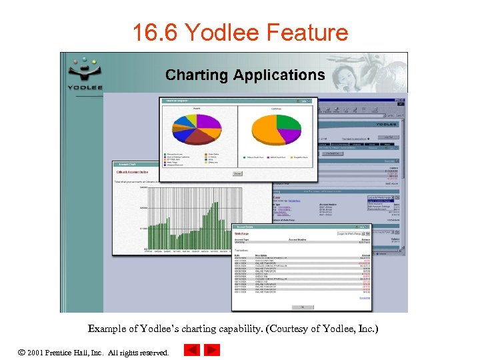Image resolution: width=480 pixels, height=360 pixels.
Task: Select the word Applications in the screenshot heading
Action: click(x=279, y=75)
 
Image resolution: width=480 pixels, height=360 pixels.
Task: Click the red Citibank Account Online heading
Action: click(x=133, y=172)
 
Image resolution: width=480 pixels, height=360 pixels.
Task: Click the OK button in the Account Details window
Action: click(x=301, y=307)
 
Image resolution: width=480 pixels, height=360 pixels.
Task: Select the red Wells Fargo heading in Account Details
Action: click(x=243, y=234)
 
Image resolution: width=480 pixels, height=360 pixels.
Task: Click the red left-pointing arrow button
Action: click(x=191, y=351)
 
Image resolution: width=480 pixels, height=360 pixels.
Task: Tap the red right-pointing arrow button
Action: click(x=211, y=351)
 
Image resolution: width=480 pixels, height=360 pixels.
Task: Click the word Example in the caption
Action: click(x=105, y=329)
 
